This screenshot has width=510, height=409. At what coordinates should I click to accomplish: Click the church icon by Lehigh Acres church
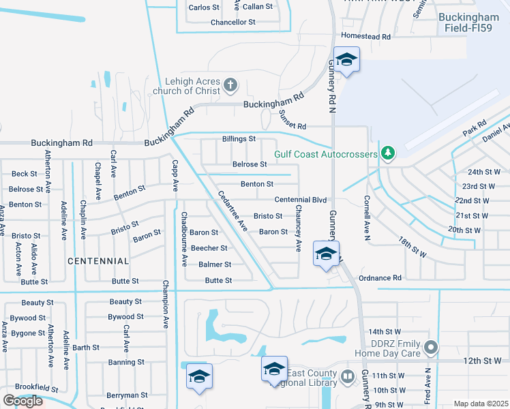[230, 85]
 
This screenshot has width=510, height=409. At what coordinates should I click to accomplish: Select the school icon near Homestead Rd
[346, 60]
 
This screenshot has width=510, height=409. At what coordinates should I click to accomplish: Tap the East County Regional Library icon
[347, 376]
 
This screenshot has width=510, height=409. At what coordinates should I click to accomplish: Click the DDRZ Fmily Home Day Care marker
[430, 348]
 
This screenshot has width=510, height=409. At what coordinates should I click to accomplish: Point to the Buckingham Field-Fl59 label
[470, 24]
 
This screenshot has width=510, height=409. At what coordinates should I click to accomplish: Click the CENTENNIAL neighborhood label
[99, 261]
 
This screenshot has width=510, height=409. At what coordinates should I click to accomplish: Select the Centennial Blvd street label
[301, 200]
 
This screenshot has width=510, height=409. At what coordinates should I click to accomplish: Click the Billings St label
[239, 138]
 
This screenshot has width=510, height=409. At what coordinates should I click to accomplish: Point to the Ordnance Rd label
[380, 277]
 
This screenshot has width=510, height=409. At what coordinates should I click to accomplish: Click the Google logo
[22, 401]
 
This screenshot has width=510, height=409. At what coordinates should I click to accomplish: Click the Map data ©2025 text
[481, 404]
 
